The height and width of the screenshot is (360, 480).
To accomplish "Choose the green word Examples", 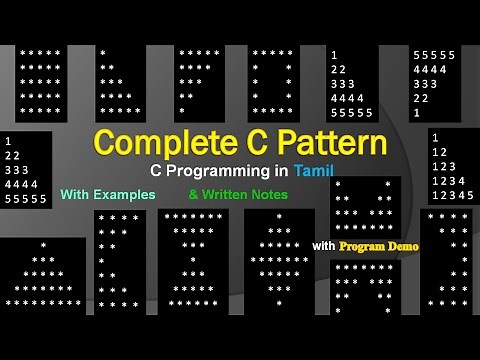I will pos(126,194).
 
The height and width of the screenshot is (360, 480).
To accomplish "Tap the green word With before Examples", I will pos(78,194).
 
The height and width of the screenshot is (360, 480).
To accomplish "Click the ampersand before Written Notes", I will pos(193,194).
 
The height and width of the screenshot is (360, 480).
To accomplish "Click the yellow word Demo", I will pos(401,245).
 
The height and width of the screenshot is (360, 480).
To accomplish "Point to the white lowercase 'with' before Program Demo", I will pos(323,245).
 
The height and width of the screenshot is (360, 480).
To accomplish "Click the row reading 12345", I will pos(452,195).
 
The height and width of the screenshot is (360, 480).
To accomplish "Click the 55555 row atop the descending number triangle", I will pos(434,55).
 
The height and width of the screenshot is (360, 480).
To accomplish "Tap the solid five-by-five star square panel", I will pos(40,83).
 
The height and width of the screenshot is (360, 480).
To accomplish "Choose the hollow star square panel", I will pos(273,83).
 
